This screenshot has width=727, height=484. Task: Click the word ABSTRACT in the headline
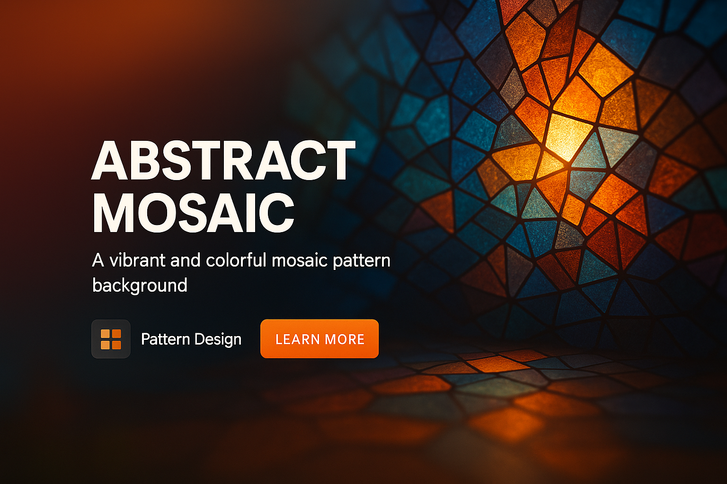click(x=223, y=160)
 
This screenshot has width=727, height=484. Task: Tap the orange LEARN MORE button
click(x=319, y=339)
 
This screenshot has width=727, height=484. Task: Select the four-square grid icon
click(x=111, y=339)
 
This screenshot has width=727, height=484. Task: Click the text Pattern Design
click(x=191, y=339)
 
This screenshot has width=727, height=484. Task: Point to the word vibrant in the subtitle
click(x=137, y=260)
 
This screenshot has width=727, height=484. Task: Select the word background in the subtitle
click(x=140, y=285)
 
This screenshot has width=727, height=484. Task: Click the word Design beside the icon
click(x=218, y=339)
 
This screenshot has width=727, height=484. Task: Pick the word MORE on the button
click(x=345, y=339)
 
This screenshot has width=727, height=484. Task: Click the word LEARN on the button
click(x=298, y=339)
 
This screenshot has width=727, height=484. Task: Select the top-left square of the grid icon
click(x=105, y=333)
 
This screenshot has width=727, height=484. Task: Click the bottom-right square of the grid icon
click(x=116, y=345)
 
